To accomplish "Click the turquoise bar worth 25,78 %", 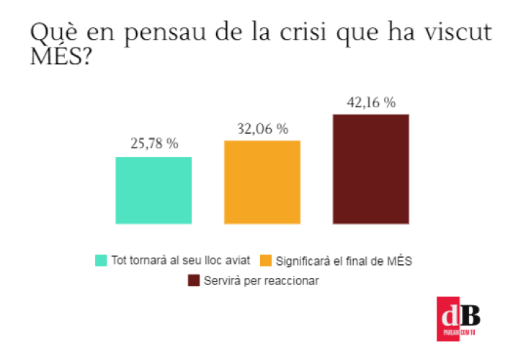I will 153,190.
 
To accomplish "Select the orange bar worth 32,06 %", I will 262,181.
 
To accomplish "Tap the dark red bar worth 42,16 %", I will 371,168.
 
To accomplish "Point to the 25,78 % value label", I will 153,144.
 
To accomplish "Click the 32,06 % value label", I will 262,129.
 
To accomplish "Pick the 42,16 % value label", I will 371,102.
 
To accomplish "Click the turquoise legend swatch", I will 101,260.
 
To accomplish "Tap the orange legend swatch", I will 266,260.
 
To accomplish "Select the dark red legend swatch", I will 194,280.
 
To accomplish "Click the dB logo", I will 458,318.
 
